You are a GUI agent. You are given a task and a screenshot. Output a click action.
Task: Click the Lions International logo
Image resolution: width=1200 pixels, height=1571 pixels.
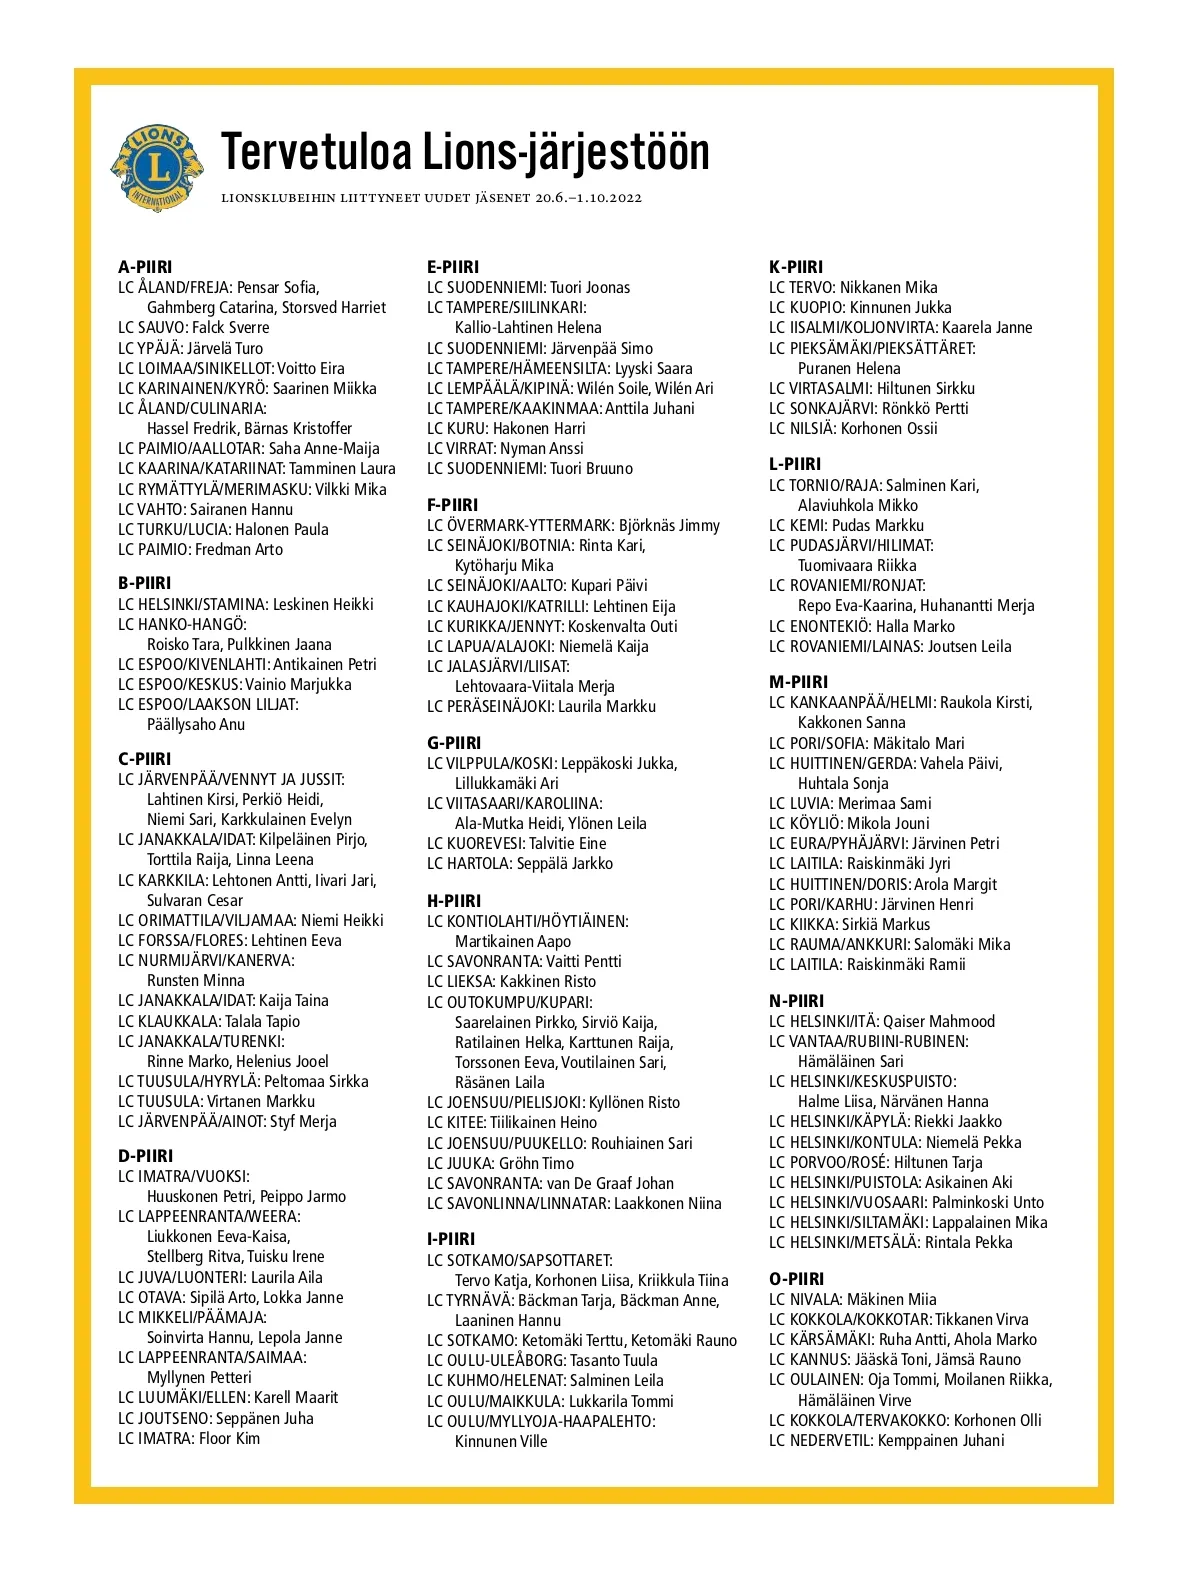[156, 168]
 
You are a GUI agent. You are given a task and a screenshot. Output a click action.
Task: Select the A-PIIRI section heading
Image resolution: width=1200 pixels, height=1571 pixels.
[145, 267]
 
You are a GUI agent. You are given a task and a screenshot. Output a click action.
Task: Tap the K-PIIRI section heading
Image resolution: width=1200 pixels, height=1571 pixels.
[796, 267]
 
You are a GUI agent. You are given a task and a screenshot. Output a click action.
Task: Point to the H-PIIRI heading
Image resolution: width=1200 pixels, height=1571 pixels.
[454, 901]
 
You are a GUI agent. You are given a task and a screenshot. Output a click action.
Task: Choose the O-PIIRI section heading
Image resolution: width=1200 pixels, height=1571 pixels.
[797, 1279]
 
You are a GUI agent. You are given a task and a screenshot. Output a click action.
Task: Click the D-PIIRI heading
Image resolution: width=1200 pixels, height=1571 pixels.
[146, 1156]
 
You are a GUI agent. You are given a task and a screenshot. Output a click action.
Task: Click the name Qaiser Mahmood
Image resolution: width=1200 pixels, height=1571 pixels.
[939, 1021]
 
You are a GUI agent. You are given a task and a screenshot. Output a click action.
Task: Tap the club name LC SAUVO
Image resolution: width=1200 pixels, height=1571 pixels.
[151, 328]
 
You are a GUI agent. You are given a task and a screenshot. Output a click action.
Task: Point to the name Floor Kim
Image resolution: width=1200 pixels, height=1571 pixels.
[229, 1439]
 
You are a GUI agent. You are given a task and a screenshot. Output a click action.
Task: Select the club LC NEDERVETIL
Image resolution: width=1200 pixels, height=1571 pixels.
[820, 1441]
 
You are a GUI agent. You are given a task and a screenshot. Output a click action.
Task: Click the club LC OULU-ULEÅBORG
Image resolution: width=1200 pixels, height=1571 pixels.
[495, 1361]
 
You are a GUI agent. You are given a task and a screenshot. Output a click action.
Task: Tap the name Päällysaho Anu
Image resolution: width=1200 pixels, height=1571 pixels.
[196, 725]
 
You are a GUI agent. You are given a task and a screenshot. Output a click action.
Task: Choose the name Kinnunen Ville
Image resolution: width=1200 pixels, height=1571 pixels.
[501, 1442]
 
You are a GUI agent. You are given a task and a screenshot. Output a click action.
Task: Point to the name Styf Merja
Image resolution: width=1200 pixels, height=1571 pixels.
[303, 1122]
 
